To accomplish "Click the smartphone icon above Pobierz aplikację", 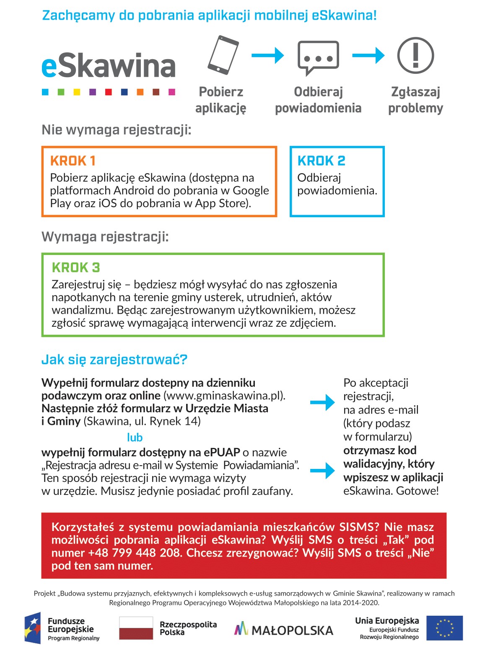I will [223, 55].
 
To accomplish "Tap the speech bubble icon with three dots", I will [318, 57].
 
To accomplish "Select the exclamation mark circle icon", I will [415, 55].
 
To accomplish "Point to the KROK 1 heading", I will [73, 161].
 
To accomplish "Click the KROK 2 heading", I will [321, 161].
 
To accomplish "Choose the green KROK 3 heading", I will [76, 268].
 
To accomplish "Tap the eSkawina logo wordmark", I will [109, 66].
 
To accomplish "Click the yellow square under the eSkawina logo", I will [77, 92].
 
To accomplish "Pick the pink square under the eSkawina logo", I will [172, 92].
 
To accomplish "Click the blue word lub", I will [135, 437].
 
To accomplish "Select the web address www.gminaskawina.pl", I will [223, 396].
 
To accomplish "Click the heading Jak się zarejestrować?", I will [114, 359].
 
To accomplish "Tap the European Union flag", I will [444, 628].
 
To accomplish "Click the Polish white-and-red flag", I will [136, 628].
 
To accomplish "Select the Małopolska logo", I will [283, 630].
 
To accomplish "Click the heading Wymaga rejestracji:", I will [105, 237].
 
